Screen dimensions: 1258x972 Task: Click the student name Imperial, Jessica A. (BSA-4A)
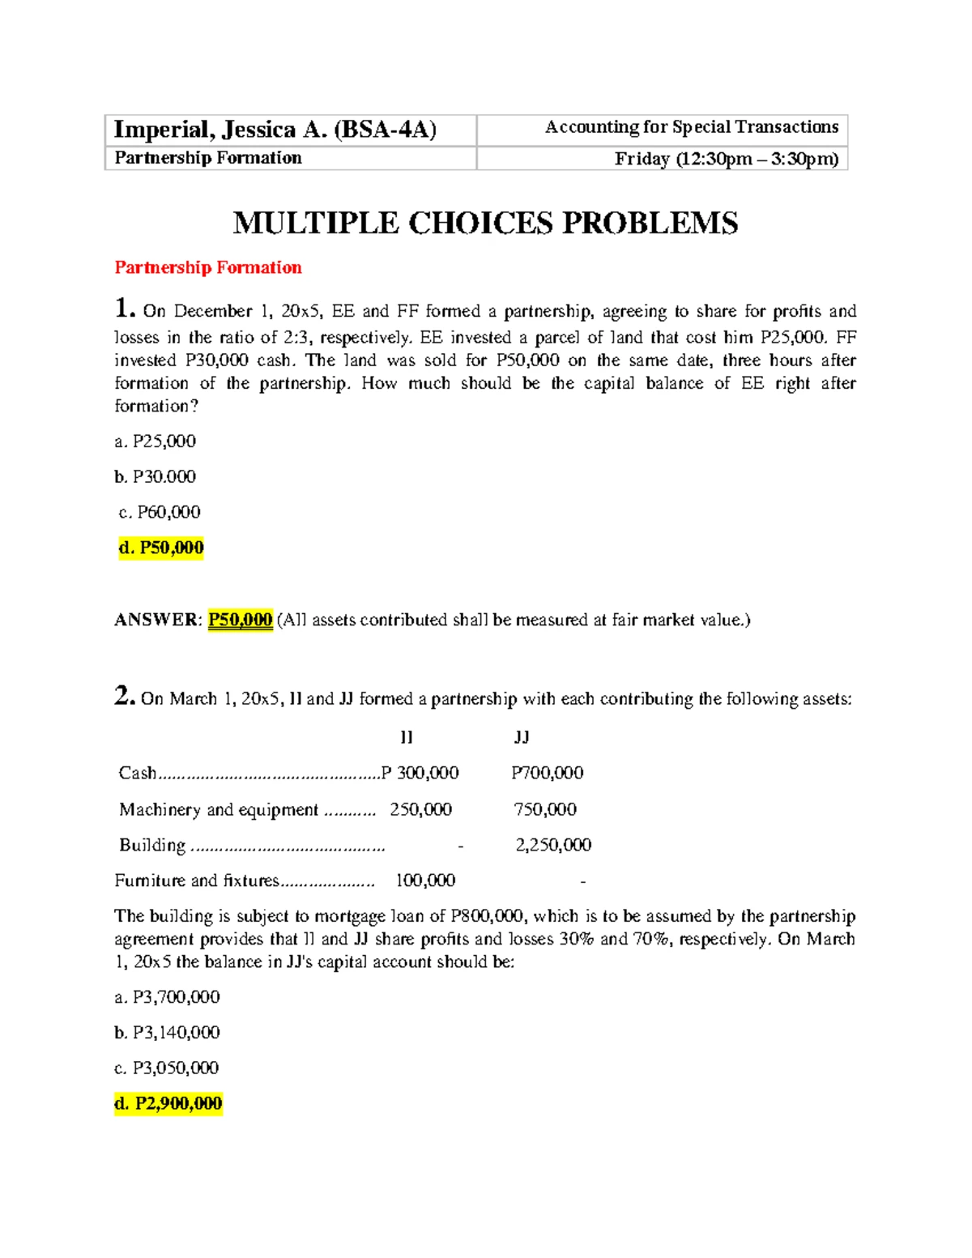(275, 130)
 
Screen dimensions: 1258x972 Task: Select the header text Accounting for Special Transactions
(691, 127)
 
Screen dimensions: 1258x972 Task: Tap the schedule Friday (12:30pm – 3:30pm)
(726, 159)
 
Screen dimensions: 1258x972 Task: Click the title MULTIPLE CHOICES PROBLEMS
(485, 223)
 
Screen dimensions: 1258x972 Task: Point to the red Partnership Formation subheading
(208, 267)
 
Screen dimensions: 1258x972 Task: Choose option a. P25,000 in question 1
(156, 441)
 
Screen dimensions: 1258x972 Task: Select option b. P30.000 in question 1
(156, 477)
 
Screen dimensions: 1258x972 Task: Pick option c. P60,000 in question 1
(160, 512)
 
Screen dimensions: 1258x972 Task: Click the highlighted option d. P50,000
(161, 548)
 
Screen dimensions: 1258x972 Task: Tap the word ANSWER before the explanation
(156, 620)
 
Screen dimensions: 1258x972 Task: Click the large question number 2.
(124, 696)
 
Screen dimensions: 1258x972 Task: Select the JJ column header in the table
(522, 737)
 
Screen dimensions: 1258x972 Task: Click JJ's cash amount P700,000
(547, 773)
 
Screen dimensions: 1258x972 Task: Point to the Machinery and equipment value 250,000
(420, 809)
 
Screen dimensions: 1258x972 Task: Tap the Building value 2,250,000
(553, 845)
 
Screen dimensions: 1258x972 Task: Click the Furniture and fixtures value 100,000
(425, 881)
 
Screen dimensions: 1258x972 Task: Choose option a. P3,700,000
(168, 997)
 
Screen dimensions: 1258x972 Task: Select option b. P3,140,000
(168, 1033)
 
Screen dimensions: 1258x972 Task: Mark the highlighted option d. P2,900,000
(168, 1103)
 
